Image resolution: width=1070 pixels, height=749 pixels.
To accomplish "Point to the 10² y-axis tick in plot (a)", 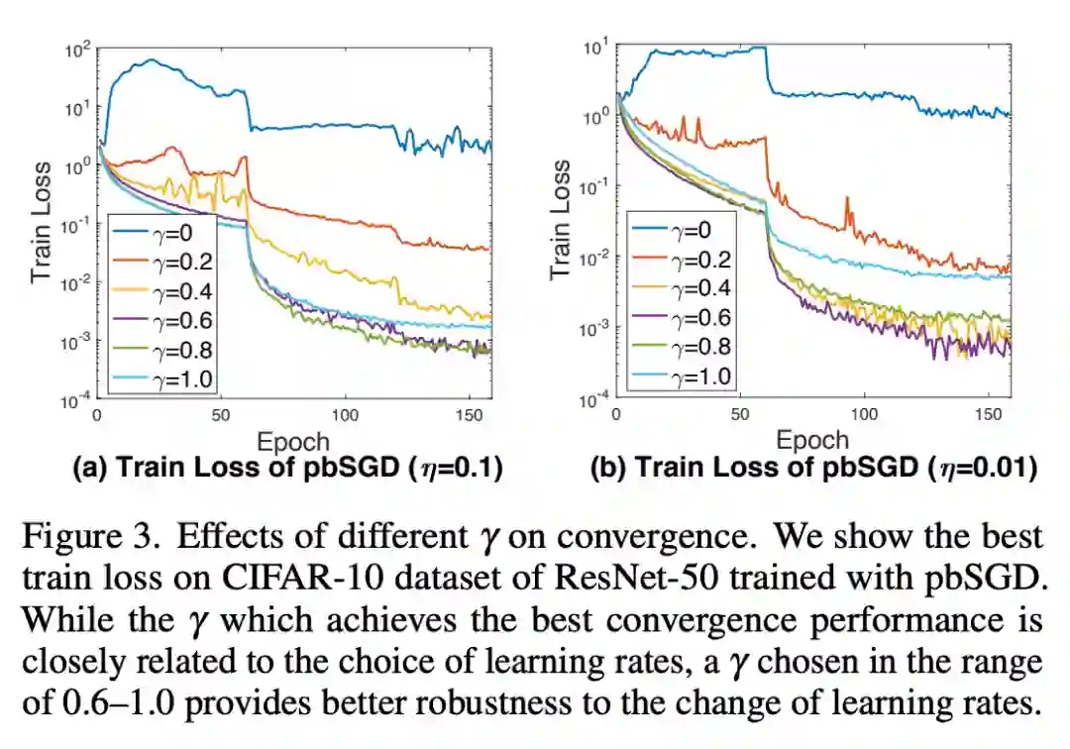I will [78, 48].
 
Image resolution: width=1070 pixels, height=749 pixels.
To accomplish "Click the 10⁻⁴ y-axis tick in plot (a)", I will [77, 400].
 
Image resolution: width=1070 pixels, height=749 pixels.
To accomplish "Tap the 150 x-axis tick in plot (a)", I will [471, 415].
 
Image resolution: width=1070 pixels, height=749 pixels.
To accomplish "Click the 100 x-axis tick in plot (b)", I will [865, 415].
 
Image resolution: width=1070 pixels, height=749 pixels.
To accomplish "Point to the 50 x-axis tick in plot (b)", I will [740, 415].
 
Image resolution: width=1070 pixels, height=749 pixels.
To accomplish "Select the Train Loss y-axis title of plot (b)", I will [561, 219].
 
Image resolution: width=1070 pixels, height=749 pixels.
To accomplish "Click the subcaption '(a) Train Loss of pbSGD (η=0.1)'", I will [288, 469].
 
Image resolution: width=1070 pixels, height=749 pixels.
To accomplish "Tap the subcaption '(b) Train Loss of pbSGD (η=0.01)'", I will [812, 469].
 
